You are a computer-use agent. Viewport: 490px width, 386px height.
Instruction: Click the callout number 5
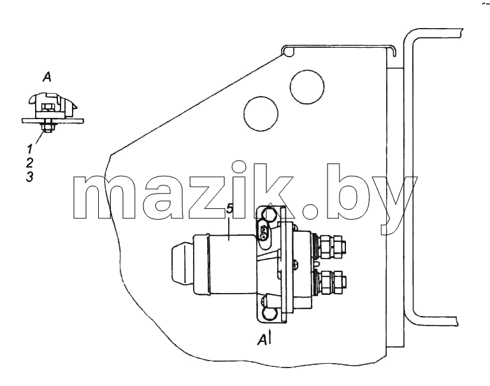(x=229, y=209)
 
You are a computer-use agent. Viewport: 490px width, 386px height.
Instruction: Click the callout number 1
(x=29, y=149)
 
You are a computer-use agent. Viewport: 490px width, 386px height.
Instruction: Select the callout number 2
(x=30, y=163)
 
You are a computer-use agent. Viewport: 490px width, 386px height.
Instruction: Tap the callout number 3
(x=30, y=177)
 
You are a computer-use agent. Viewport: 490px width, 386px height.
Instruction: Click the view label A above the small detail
(x=47, y=77)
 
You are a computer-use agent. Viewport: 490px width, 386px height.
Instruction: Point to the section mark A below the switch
(x=264, y=339)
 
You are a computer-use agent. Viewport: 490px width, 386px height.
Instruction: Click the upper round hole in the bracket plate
(x=307, y=87)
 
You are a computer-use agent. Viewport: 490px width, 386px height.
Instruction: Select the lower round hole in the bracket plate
(x=261, y=113)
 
